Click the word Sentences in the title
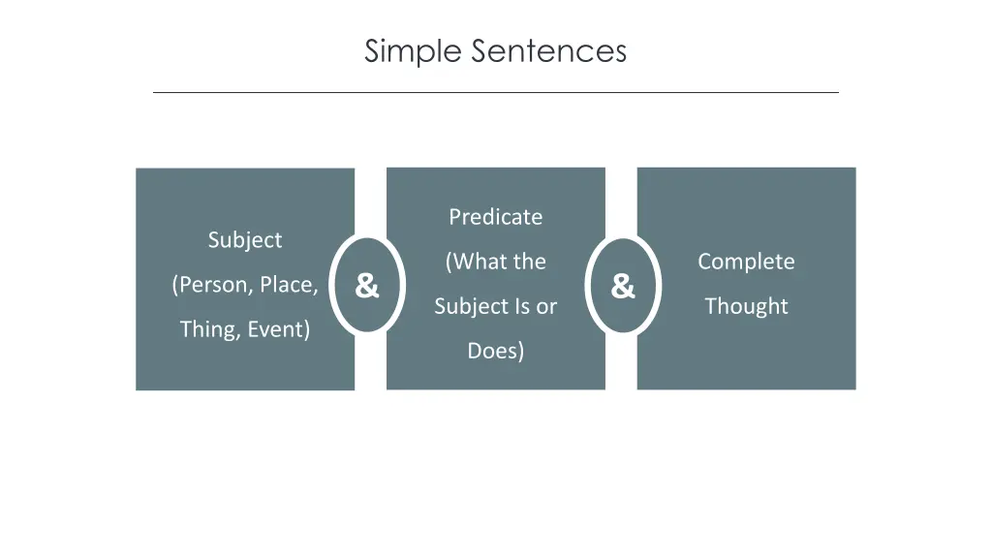[549, 50]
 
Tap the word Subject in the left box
[245, 240]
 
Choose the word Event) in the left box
[279, 329]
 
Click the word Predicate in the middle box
[495, 217]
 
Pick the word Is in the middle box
[523, 306]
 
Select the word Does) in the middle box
[495, 351]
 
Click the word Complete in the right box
[746, 262]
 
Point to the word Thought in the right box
[746, 306]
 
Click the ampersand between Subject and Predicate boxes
[366, 286]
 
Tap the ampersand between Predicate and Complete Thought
[623, 286]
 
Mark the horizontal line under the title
[495, 93]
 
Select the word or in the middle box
[547, 306]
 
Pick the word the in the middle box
[529, 262]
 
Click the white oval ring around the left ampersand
[332, 286]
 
